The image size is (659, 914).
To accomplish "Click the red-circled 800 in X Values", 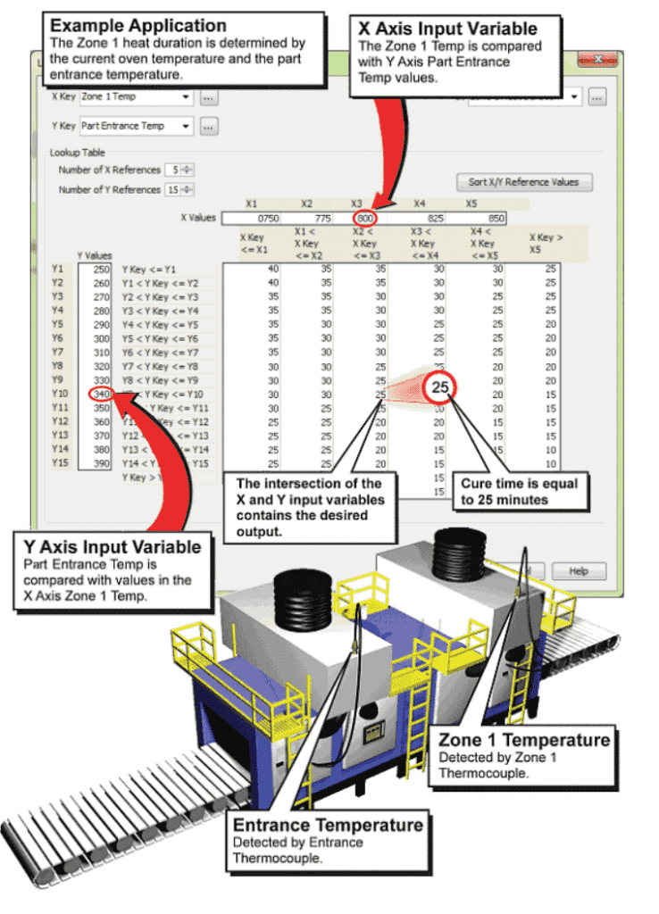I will (x=364, y=218).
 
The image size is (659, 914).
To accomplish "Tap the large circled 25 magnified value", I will (x=440, y=387).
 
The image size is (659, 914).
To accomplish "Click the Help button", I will (x=578, y=571).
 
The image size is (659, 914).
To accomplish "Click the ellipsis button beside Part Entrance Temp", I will (x=208, y=127).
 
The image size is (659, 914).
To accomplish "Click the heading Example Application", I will (x=138, y=26).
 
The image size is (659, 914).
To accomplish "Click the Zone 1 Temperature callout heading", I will (x=524, y=740).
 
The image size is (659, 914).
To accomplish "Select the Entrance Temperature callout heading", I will (x=328, y=824).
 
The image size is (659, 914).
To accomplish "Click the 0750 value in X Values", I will (x=268, y=218).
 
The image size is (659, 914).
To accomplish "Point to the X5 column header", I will (x=471, y=204).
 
